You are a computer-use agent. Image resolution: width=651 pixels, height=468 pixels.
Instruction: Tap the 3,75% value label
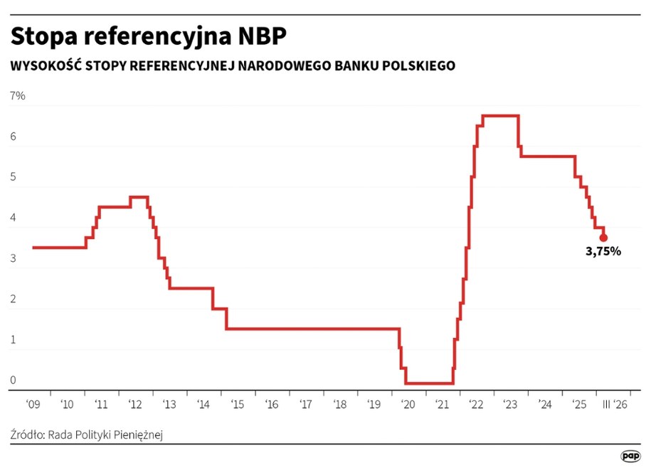603,251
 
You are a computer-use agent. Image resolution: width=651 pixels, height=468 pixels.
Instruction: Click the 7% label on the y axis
17,96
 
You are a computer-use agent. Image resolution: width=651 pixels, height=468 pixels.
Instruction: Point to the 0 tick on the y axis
13,381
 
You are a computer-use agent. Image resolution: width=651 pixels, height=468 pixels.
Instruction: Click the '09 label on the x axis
33,405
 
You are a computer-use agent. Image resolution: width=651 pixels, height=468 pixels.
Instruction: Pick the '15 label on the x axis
238,405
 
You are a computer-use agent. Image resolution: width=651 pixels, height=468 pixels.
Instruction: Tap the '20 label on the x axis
408,405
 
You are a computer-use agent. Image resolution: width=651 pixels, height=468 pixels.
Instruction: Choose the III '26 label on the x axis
615,405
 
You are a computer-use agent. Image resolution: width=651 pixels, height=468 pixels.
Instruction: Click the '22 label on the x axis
477,405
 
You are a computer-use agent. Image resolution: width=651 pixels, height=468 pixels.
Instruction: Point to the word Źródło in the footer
27,434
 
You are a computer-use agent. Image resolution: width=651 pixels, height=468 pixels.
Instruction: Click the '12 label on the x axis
135,405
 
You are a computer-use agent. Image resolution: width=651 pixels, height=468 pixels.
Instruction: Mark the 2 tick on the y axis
13,299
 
